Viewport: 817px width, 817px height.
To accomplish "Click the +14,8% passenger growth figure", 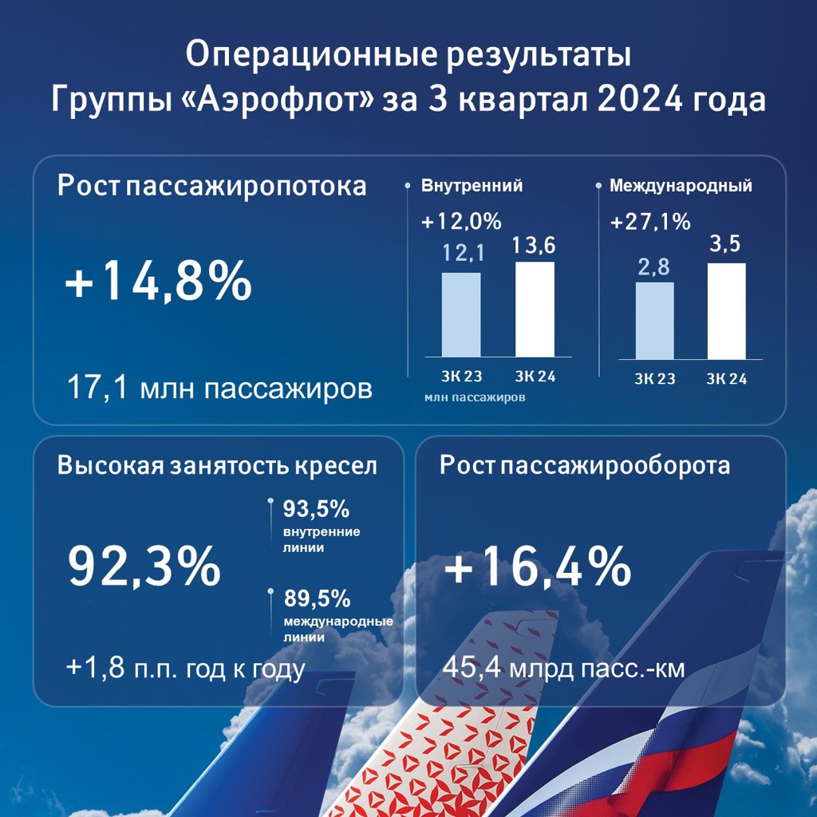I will point(159,284).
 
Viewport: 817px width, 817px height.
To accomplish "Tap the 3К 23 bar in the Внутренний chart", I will point(461,314).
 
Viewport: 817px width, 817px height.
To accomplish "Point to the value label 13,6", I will point(535,247).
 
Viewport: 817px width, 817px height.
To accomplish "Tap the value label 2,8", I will point(655,268).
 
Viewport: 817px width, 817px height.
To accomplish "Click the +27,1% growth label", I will point(650,223).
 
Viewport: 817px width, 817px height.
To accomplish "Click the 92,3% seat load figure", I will point(144,566).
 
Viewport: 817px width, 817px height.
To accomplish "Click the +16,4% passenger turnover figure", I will point(537,567).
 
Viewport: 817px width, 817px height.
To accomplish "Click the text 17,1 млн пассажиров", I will point(220,389).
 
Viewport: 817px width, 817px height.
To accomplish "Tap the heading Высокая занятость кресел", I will point(217,466).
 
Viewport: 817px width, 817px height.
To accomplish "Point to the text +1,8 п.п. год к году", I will point(186,669).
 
